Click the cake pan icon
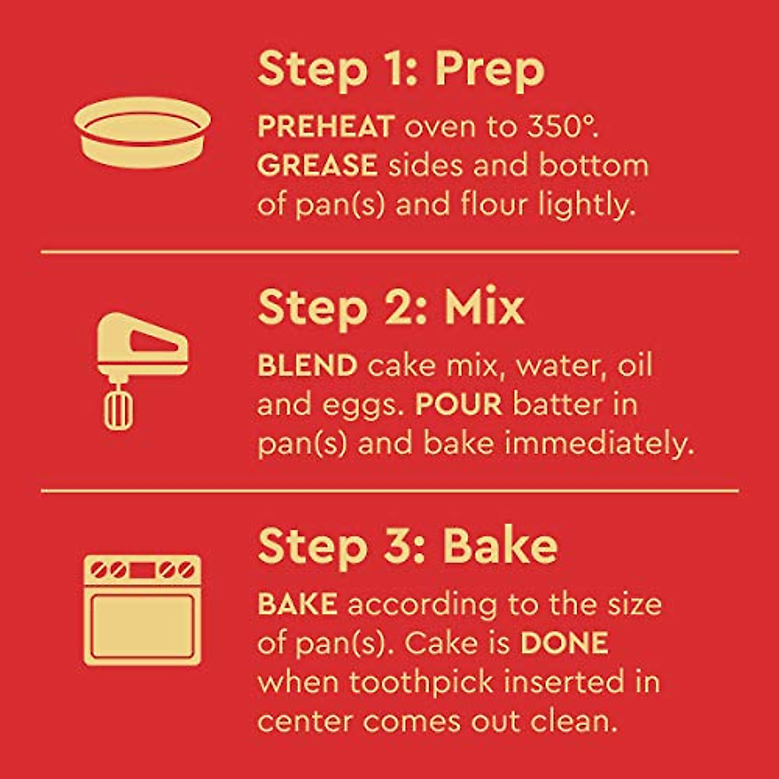(142, 132)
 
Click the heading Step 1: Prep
(401, 69)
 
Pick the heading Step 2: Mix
(390, 308)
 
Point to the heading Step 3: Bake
(407, 547)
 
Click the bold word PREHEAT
(326, 127)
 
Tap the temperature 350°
(560, 127)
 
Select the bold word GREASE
(317, 166)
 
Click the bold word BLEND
(307, 365)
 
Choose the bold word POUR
(458, 404)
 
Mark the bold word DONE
(564, 643)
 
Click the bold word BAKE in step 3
(297, 604)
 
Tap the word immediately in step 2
(599, 443)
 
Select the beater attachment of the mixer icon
(117, 409)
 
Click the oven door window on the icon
(142, 625)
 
